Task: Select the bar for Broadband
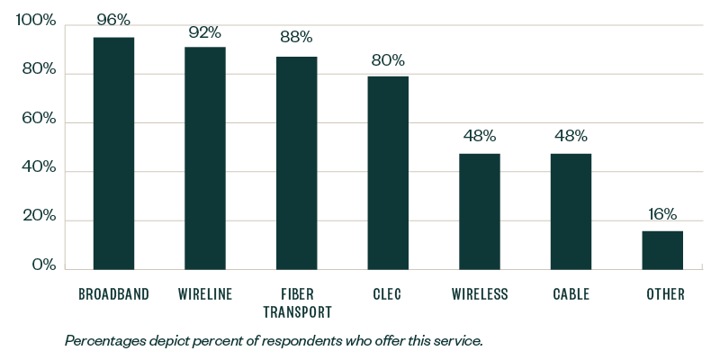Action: tap(113, 153)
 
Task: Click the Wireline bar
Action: tap(205, 157)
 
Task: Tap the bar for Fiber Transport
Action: tap(296, 163)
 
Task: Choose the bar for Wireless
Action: tap(480, 211)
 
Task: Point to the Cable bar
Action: tap(571, 211)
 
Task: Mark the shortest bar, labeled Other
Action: tap(662, 250)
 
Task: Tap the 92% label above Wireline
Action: tap(205, 32)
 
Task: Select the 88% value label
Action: tap(296, 37)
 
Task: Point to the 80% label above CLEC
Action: tap(388, 61)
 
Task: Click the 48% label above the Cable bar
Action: tap(571, 136)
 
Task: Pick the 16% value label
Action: tap(662, 214)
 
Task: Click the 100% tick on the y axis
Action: tap(36, 22)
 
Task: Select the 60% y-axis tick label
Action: tap(39, 120)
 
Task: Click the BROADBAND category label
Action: tap(113, 294)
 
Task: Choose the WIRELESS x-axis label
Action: tap(480, 294)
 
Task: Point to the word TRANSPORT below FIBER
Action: tap(297, 312)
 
